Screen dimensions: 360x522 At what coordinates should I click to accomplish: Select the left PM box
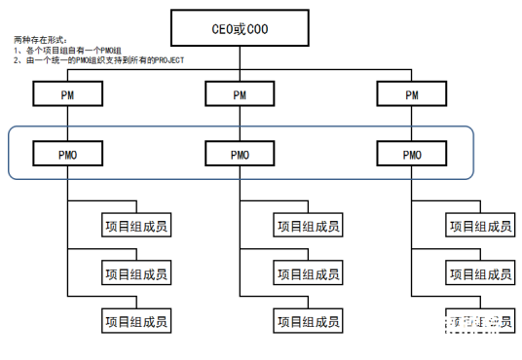(x=68, y=94)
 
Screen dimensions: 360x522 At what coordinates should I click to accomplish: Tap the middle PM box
(x=241, y=94)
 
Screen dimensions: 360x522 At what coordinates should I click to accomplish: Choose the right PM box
(x=412, y=94)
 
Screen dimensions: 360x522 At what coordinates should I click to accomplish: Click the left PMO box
(x=68, y=154)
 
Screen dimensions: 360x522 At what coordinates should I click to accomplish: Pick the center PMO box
(x=241, y=154)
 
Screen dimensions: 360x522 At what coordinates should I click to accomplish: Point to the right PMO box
(x=412, y=154)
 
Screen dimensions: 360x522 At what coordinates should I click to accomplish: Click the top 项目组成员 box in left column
(x=136, y=226)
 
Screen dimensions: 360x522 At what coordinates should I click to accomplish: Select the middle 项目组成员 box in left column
(x=136, y=272)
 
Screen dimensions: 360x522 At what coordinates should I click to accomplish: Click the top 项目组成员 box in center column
(x=309, y=226)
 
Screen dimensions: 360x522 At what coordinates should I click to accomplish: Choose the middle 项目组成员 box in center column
(x=309, y=272)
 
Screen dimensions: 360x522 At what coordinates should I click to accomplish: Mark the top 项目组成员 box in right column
(x=480, y=226)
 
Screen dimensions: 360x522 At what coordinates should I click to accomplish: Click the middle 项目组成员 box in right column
(x=480, y=272)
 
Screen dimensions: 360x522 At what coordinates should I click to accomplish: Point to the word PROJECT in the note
(x=167, y=60)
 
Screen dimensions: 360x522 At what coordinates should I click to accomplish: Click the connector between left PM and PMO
(x=68, y=124)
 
